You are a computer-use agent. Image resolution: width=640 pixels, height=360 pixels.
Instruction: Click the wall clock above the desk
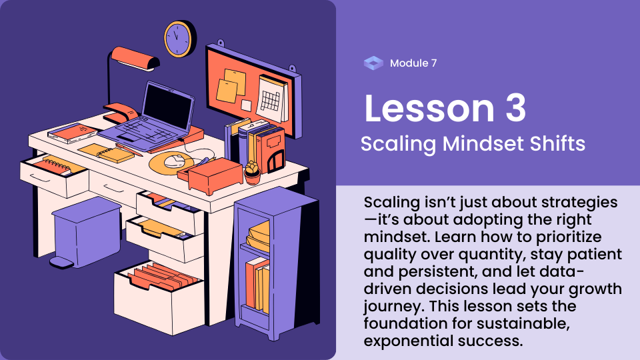179,39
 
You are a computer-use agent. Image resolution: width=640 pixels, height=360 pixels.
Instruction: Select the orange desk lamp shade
135,58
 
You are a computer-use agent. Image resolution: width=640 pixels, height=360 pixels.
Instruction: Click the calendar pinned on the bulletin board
272,99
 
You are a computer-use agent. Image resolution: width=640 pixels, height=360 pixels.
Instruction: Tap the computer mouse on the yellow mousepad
174,161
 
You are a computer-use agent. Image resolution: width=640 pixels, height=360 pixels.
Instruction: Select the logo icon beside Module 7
373,63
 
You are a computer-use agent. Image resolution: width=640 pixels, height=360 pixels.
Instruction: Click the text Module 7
413,63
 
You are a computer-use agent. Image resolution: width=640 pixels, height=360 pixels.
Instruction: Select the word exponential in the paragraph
408,341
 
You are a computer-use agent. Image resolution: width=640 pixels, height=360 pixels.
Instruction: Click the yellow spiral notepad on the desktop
107,153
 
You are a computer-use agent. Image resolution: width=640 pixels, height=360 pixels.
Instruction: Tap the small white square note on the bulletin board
246,105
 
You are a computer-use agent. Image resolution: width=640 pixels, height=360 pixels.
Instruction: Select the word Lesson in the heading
429,108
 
